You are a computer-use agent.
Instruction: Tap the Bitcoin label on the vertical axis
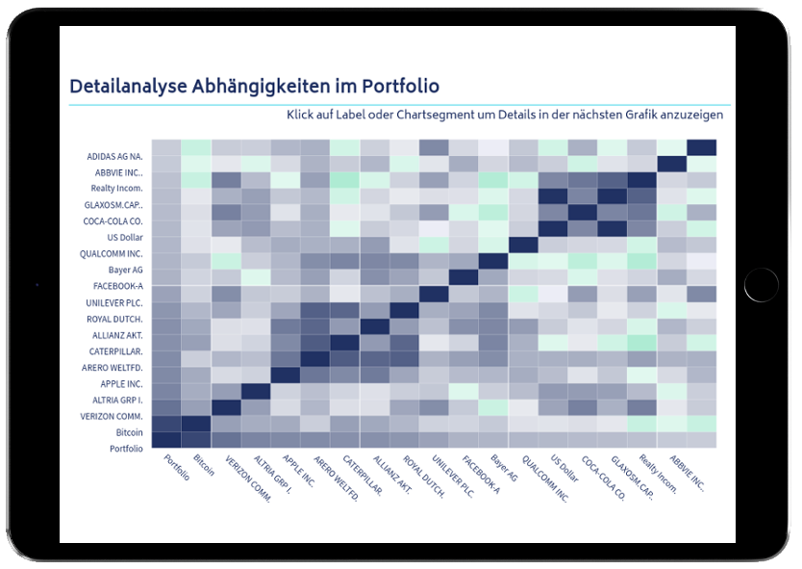click(129, 433)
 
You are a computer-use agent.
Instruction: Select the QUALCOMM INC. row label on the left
click(113, 253)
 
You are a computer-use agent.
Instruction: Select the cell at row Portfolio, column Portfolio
click(166, 440)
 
